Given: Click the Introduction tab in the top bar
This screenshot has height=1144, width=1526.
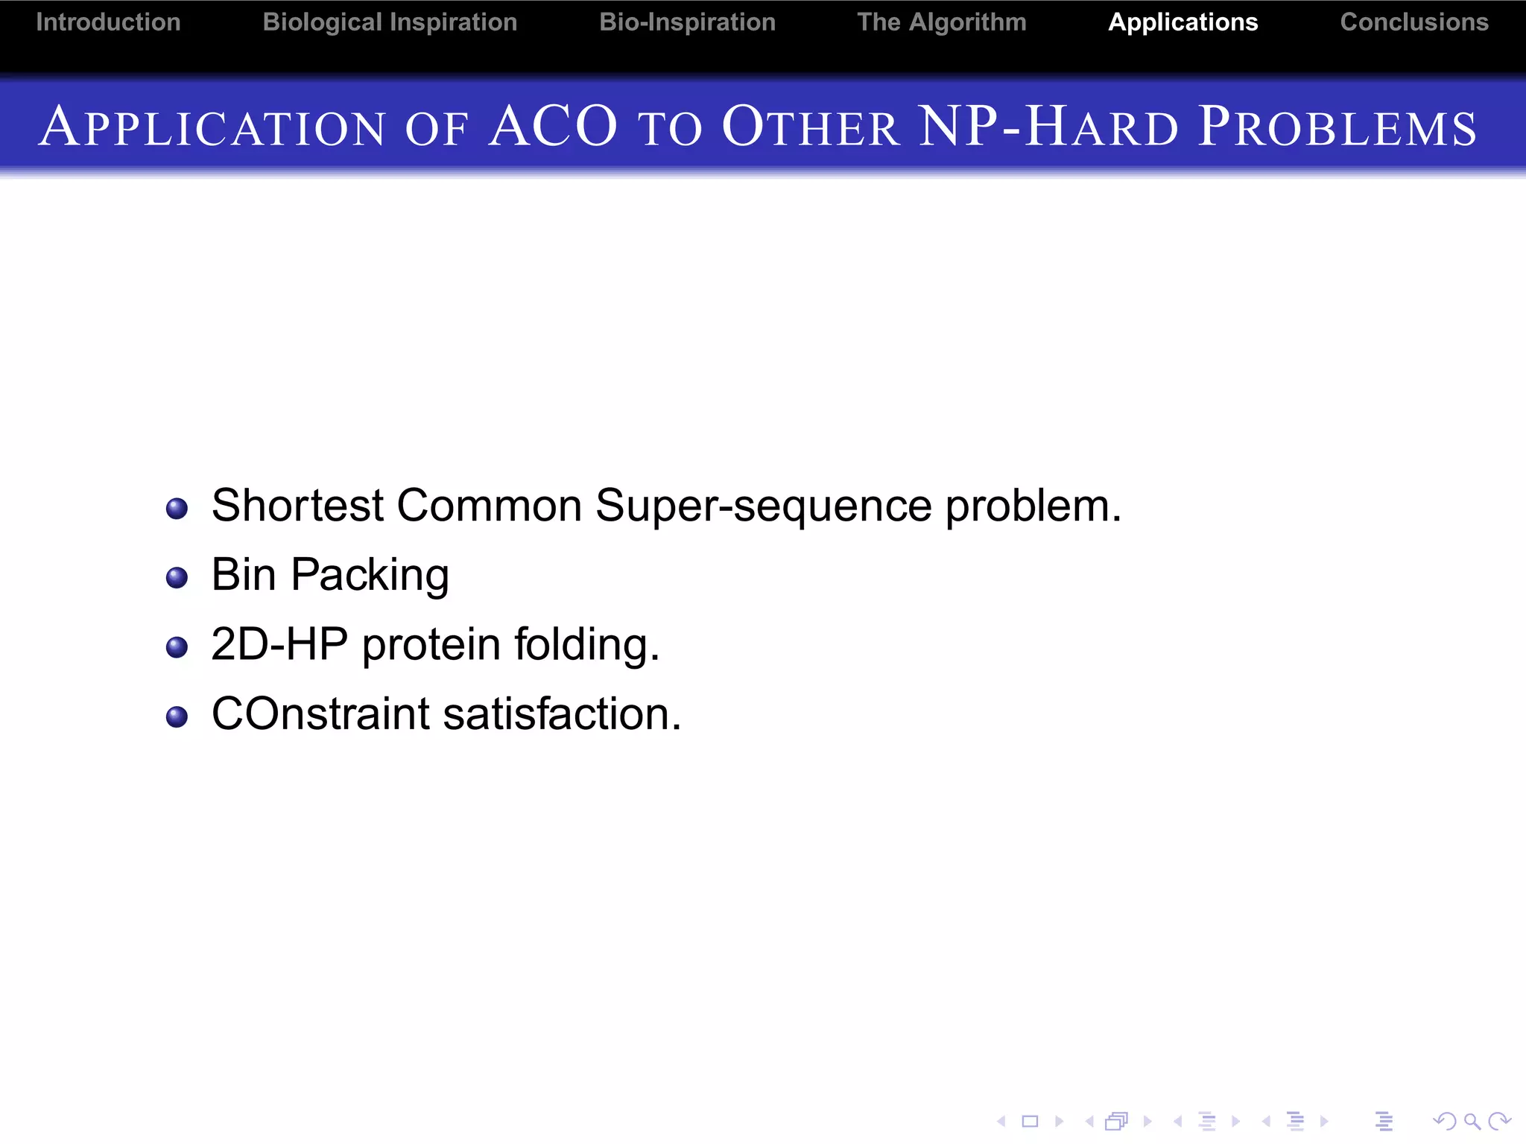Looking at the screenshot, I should pos(108,22).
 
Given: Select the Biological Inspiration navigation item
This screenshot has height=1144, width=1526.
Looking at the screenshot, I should pos(390,22).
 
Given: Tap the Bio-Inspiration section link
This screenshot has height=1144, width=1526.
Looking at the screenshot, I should pos(687,22).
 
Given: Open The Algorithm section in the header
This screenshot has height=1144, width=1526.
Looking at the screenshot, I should pos(941,22).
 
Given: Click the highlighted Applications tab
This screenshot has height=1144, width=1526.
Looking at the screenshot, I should pos(1183,22).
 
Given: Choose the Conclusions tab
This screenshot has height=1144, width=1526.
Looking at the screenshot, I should pos(1413,22).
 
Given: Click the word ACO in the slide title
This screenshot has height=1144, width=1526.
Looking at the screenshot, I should pos(554,127).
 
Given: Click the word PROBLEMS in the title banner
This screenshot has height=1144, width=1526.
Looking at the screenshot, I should pos(1337,127).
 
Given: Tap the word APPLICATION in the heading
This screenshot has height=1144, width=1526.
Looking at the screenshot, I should pos(212,127).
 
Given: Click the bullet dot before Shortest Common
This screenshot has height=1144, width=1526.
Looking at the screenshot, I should pos(177,509).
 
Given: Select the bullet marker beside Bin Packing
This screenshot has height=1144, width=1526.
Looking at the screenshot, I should pos(177,578).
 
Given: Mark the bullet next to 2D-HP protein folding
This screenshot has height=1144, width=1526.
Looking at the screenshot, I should pos(177,647).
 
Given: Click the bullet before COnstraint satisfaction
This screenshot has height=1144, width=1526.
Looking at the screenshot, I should pos(177,716).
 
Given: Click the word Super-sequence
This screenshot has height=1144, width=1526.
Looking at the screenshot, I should pos(763,506).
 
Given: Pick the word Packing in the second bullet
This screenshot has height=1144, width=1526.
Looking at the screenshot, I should pos(370,576).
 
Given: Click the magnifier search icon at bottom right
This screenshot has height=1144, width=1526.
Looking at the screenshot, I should pos(1471,1121).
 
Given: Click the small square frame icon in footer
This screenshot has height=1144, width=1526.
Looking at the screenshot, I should pos(1030,1121).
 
